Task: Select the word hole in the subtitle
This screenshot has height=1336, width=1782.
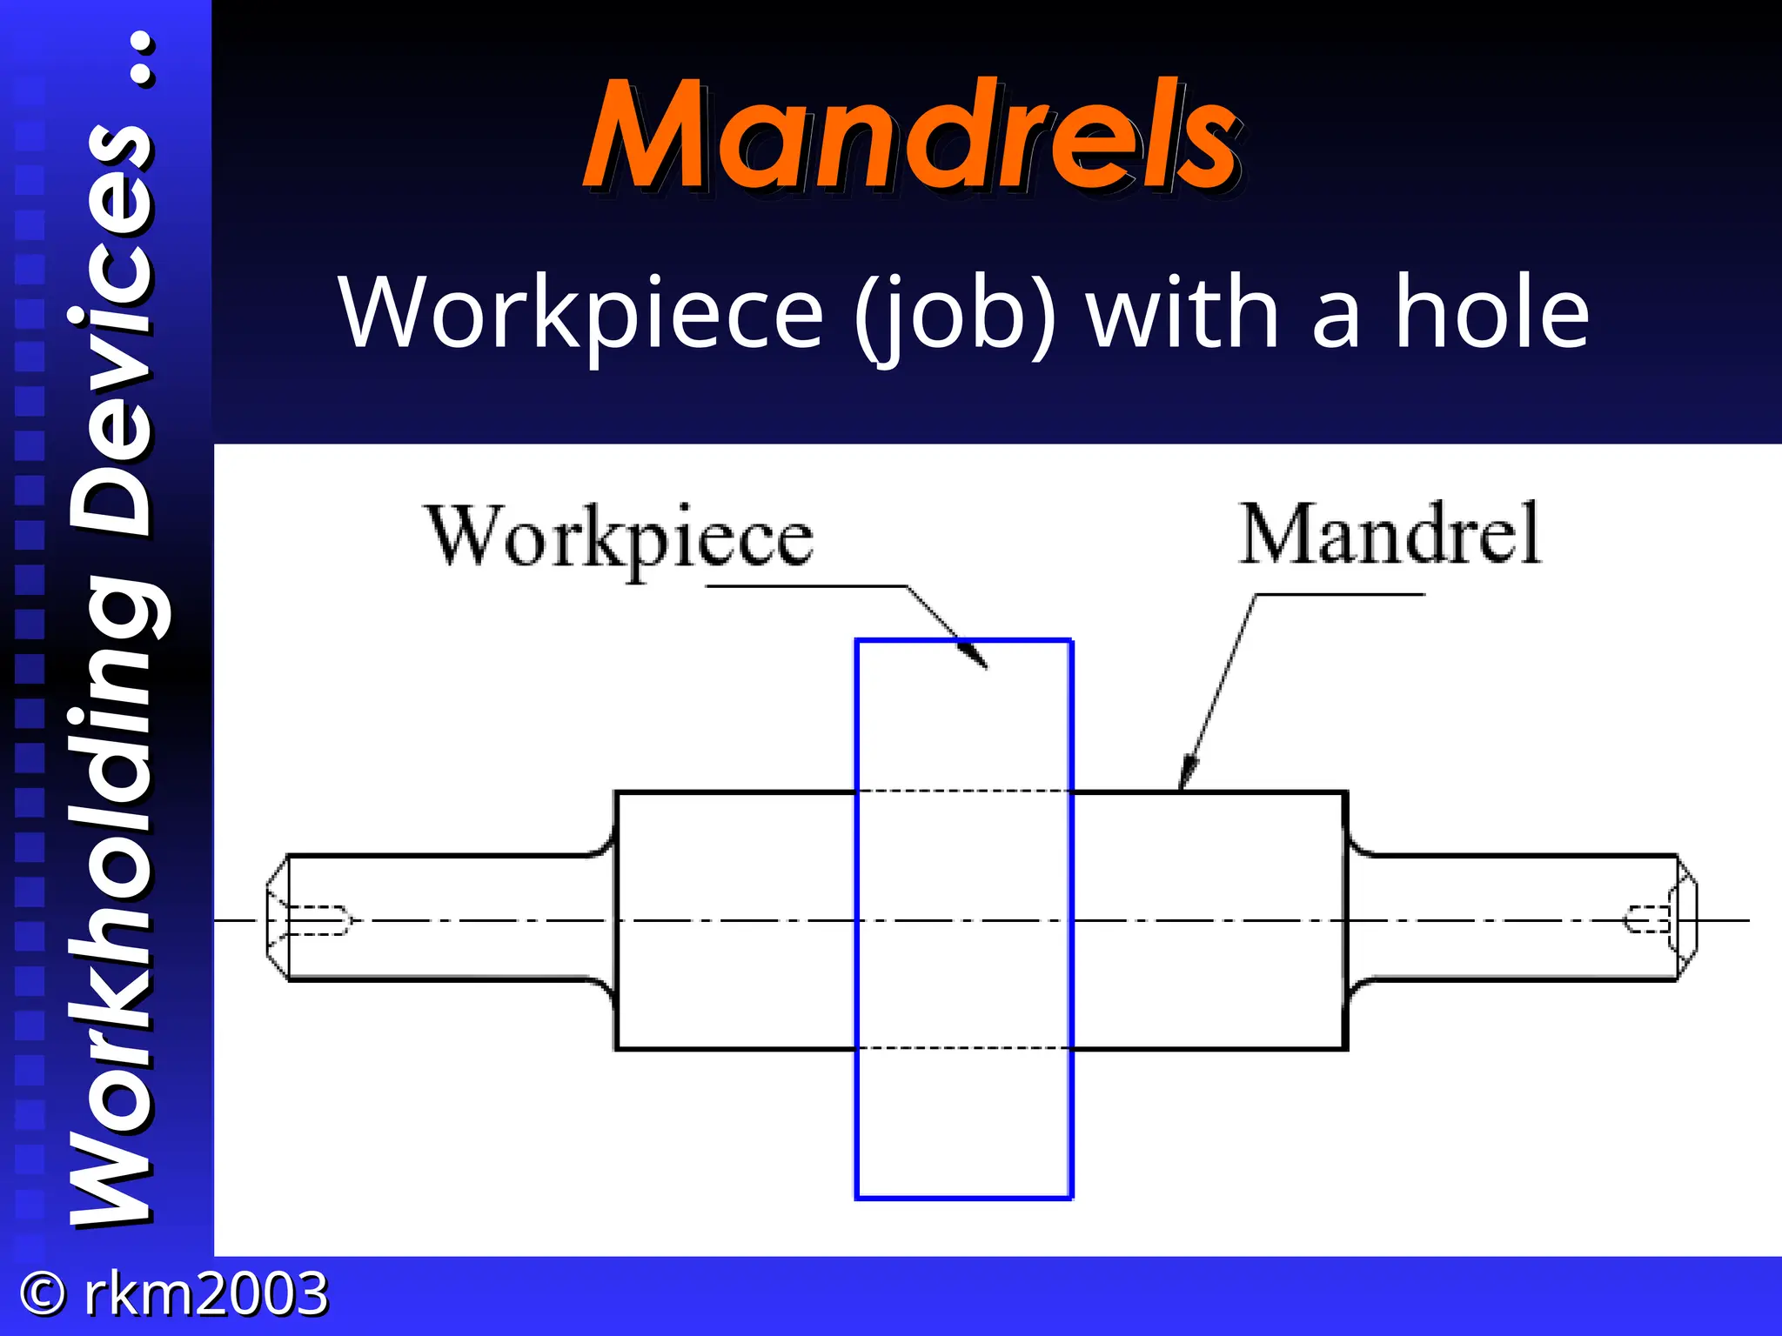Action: tap(1492, 311)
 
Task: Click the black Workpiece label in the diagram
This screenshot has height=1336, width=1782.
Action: tap(620, 538)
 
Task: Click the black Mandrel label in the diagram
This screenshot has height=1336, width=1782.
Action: tap(1390, 534)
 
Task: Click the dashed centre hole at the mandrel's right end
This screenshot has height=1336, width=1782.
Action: tap(1647, 919)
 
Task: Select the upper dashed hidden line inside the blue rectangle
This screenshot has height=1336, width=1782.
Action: tap(964, 792)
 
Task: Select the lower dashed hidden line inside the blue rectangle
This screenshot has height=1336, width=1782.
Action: tap(964, 1048)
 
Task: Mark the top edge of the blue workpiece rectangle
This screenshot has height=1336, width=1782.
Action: tap(964, 641)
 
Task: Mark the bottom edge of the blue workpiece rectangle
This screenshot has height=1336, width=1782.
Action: tap(964, 1198)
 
